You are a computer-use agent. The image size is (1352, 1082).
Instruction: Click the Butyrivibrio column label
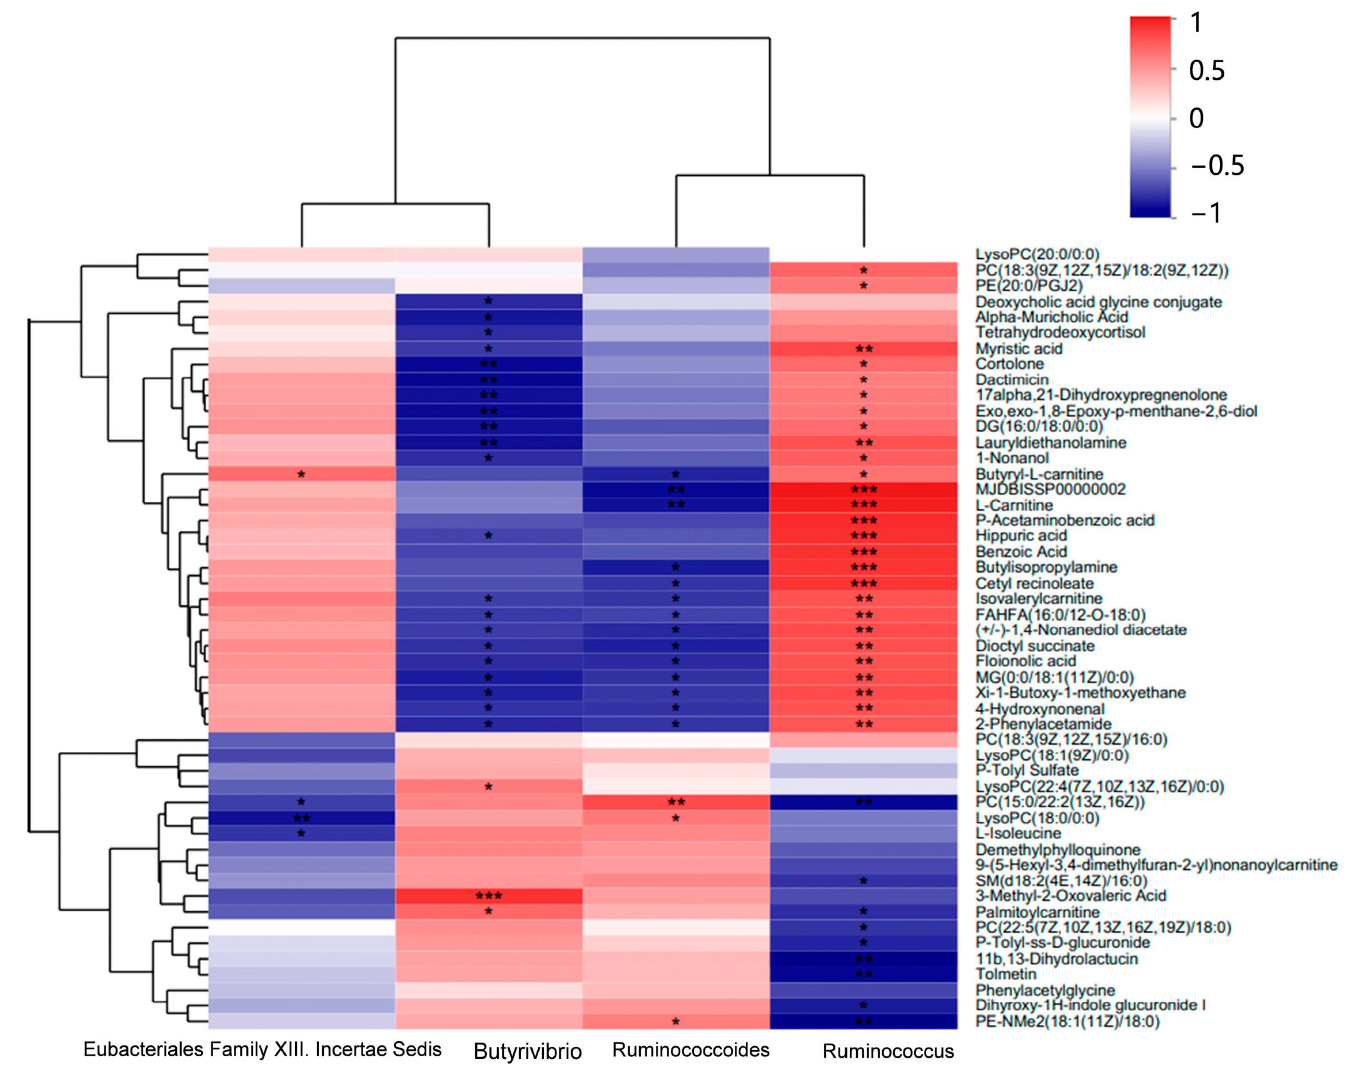528,1051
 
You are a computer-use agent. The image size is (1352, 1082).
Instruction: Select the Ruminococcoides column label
691,1050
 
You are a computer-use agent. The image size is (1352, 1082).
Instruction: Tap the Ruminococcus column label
888,1051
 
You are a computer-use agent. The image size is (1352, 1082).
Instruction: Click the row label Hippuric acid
1021,536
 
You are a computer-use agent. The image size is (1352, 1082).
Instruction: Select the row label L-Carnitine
1014,505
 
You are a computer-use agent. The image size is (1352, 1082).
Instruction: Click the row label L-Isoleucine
1018,834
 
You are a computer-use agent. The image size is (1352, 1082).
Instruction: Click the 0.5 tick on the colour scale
1207,70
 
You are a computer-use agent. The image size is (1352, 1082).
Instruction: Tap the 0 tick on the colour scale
1196,118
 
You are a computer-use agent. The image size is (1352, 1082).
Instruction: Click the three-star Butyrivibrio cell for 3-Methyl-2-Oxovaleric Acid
489,896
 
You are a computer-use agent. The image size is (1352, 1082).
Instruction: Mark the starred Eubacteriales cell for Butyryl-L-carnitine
302,474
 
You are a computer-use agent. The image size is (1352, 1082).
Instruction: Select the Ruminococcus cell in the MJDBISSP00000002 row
863,489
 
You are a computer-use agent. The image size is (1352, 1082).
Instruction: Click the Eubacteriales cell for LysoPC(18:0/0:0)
302,818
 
